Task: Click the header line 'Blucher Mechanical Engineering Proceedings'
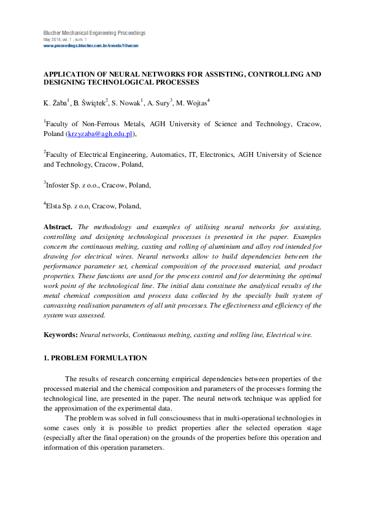pos(94,32)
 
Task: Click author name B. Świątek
pos(90,103)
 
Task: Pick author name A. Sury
pos(159,103)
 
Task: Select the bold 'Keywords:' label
pos(61,335)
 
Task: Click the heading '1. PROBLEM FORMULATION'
pos(95,358)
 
